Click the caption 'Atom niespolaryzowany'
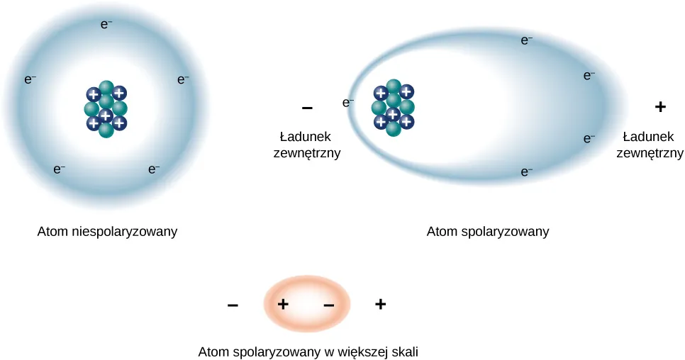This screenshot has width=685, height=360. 107,232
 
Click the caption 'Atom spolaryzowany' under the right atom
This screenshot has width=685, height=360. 488,232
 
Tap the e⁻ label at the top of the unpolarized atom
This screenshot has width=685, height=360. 106,24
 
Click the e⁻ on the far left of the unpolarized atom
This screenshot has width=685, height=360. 30,80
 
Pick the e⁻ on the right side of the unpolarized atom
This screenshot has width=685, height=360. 183,80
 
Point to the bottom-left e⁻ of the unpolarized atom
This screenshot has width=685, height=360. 60,169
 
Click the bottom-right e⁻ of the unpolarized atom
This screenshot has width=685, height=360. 153,169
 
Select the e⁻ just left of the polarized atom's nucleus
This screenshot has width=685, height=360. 348,103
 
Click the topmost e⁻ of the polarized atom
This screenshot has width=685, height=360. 527,41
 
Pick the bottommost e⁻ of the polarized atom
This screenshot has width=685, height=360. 527,171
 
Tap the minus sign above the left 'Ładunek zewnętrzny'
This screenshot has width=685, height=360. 307,108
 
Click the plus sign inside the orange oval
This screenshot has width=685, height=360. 283,305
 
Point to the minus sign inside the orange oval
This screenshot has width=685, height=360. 329,305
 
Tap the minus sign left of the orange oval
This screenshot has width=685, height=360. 233,305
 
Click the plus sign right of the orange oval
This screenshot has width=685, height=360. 381,305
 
